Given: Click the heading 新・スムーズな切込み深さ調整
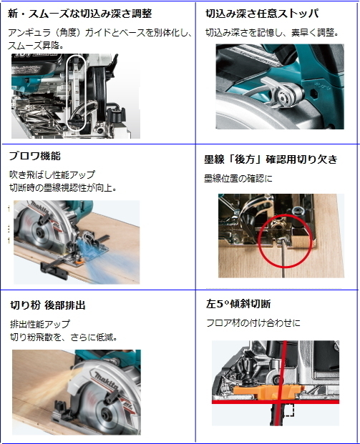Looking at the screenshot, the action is (80, 14).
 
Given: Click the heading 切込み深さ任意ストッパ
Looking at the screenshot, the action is (262, 14).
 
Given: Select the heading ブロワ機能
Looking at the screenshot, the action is (35, 156).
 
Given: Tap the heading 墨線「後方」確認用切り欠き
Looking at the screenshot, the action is (271, 159).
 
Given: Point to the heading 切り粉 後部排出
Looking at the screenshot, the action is (48, 305).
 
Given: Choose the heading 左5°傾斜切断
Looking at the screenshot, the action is (238, 304).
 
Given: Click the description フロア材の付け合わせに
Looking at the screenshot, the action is (253, 322).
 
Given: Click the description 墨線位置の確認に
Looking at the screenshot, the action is (238, 179).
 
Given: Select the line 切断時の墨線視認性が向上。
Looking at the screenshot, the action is (63, 188).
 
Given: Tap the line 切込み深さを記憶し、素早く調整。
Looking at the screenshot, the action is (272, 33).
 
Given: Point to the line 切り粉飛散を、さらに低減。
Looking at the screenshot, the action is (64, 337).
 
